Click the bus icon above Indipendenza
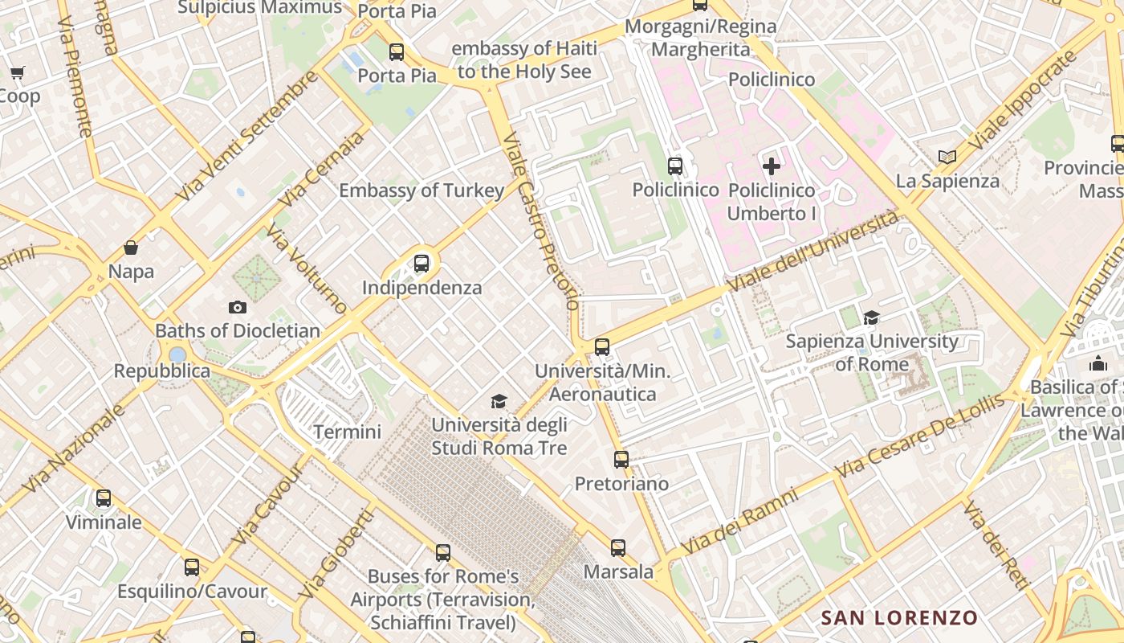421,264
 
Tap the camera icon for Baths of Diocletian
237,307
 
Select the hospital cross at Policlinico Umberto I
772,166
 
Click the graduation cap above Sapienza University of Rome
871,318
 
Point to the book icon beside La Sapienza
947,157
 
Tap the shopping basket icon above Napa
131,248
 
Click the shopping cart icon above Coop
17,73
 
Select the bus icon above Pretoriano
621,460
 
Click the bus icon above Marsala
617,548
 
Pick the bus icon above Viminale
104,498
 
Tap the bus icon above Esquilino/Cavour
191,567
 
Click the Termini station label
347,432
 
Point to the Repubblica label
161,371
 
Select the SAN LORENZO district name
899,618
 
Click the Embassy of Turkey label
421,190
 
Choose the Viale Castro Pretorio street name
540,222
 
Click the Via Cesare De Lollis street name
919,436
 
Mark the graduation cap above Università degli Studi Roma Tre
499,401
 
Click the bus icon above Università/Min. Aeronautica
602,347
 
